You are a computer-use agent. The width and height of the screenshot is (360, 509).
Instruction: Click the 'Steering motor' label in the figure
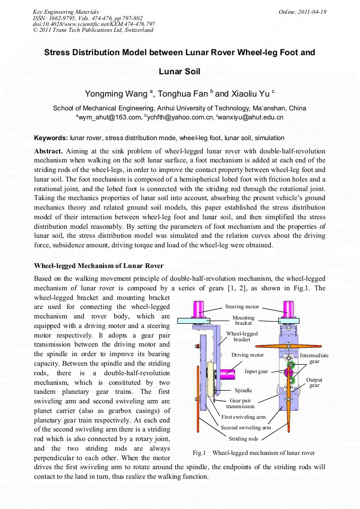pos(242,306)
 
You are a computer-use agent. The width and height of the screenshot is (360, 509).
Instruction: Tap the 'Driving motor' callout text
pos(247,355)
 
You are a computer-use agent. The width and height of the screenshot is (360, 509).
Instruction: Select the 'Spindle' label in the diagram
pos(243,390)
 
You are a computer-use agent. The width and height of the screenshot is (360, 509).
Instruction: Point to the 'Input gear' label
pos(256,371)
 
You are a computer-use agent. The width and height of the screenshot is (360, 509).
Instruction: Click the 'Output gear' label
pos(314,382)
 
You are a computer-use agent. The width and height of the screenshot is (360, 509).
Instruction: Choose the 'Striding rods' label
pos(243,438)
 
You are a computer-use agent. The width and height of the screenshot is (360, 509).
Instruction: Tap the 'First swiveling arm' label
pos(243,417)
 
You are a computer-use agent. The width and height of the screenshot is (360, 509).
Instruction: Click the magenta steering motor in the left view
pos(199,309)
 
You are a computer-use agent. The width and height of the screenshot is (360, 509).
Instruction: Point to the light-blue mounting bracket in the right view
pos(288,320)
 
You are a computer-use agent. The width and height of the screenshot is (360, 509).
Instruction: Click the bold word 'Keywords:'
pos(51,138)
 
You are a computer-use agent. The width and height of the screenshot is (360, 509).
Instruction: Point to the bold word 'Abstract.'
pos(49,151)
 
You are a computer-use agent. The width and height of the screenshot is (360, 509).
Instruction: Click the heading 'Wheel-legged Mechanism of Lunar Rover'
pos(99,265)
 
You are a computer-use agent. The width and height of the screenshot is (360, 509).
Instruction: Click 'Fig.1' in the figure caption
pos(199,453)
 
